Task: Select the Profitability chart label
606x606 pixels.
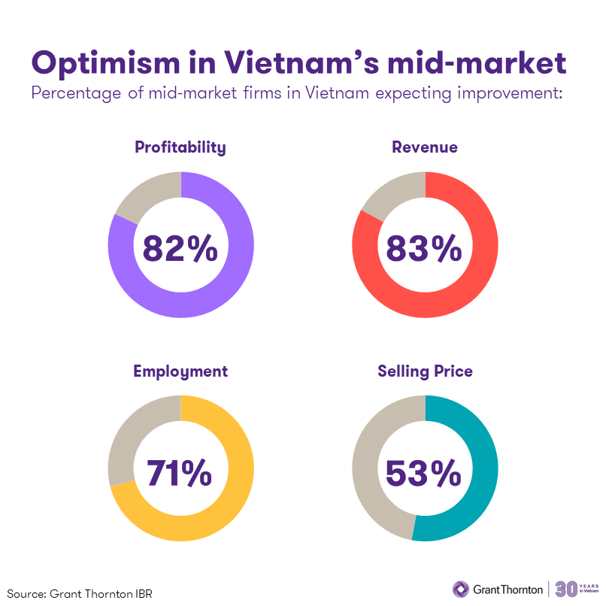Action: pyautogui.click(x=180, y=147)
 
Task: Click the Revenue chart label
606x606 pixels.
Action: pyautogui.click(x=425, y=147)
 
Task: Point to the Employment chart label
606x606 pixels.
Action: pyautogui.click(x=180, y=371)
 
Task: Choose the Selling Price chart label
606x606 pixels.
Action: pyautogui.click(x=425, y=371)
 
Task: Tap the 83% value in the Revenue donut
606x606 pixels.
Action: pyautogui.click(x=424, y=248)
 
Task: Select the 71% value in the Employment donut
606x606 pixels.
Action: pyautogui.click(x=179, y=472)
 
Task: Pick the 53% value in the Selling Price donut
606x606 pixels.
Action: pyautogui.click(x=424, y=472)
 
